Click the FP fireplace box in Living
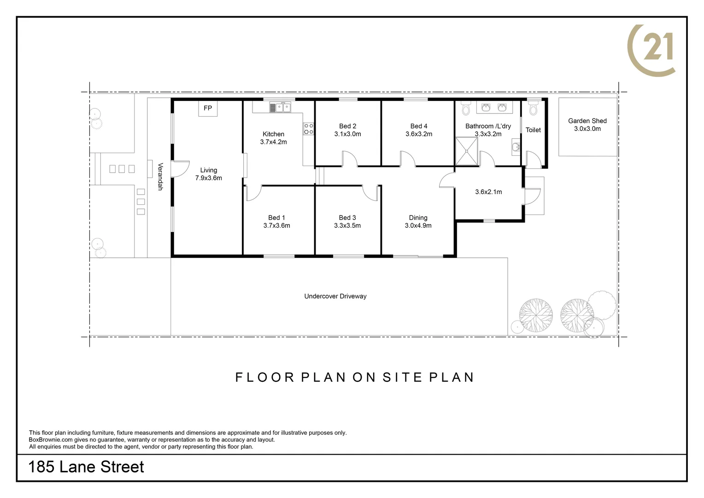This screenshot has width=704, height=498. click(208, 108)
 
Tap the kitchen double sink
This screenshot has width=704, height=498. click(280, 107)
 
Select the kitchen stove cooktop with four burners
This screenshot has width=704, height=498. click(308, 129)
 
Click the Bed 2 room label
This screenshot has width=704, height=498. click(347, 126)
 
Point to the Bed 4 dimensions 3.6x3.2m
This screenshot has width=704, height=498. click(418, 134)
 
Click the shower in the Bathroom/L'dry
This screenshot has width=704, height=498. click(466, 151)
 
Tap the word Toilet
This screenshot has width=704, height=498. click(533, 130)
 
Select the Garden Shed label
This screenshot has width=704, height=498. click(587, 121)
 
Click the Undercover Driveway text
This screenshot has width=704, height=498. click(335, 296)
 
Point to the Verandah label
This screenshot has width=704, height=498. click(160, 177)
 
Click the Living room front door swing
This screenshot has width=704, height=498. click(181, 168)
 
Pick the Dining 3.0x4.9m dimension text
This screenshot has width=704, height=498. click(418, 225)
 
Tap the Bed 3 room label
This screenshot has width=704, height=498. click(347, 218)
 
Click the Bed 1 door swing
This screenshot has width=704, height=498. click(253, 193)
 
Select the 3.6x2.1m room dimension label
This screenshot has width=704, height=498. click(488, 192)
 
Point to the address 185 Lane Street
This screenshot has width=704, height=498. click(86, 467)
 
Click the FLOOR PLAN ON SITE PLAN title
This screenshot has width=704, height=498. click(354, 377)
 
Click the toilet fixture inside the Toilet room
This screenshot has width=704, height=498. click(534, 109)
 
